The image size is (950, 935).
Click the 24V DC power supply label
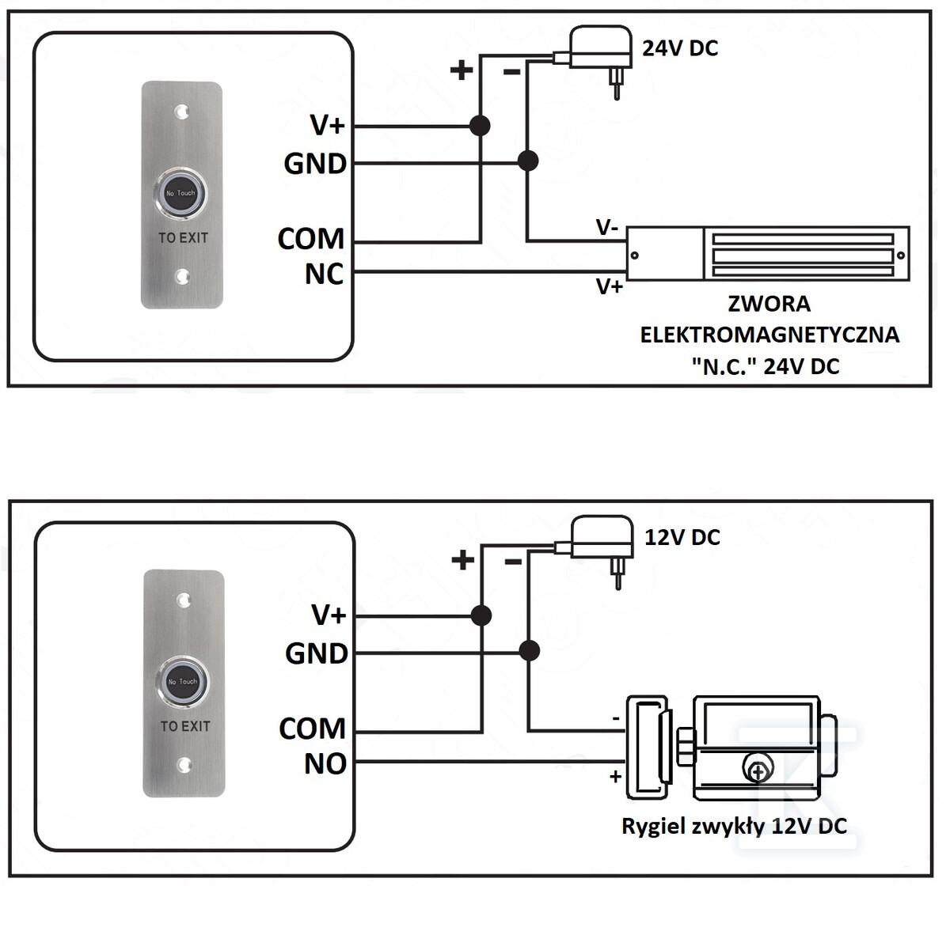(x=680, y=48)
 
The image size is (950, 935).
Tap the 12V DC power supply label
(x=682, y=537)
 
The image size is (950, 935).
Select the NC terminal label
(x=324, y=274)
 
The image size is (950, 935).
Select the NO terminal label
(x=325, y=764)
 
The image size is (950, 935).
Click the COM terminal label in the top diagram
(x=311, y=239)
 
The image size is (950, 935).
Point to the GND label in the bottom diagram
(x=317, y=653)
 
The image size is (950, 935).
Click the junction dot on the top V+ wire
(x=480, y=126)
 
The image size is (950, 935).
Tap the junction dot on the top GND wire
(x=528, y=161)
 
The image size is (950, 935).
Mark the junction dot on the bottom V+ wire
(x=481, y=615)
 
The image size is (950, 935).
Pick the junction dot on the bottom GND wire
(x=530, y=651)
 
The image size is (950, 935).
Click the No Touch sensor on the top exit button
(x=181, y=193)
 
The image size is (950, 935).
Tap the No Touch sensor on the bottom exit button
(x=182, y=683)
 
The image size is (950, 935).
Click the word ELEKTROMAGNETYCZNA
(x=769, y=335)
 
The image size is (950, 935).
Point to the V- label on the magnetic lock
(x=607, y=227)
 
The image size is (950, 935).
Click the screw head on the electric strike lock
(x=758, y=767)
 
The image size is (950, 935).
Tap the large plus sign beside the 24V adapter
(x=462, y=70)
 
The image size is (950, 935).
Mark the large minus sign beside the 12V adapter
(x=514, y=562)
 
